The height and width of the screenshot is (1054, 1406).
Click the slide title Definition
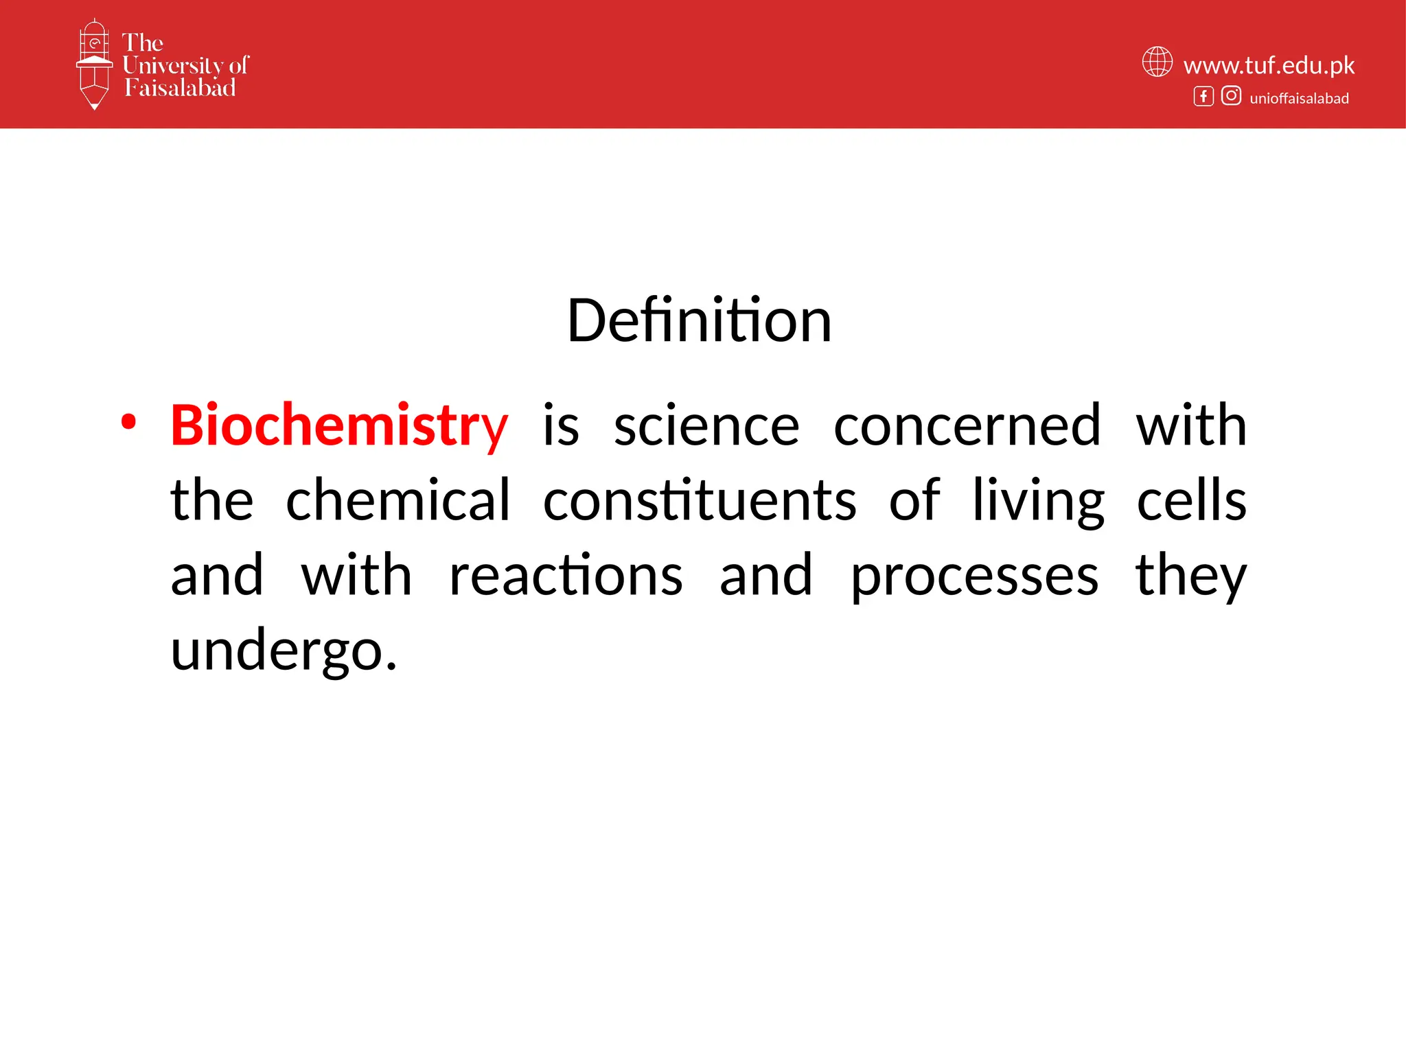click(699, 320)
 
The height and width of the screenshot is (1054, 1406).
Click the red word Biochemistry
click(339, 426)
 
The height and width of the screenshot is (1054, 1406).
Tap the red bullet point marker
click(128, 422)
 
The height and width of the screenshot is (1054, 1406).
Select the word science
click(706, 426)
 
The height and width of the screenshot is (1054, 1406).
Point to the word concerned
click(967, 426)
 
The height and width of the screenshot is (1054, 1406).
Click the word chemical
click(397, 500)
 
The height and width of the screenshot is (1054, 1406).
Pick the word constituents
click(699, 500)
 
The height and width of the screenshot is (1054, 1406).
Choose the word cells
click(1191, 500)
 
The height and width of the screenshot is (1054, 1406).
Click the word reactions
click(566, 575)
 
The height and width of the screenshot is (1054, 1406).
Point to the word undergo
click(283, 651)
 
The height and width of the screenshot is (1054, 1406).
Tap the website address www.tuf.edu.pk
click(1269, 65)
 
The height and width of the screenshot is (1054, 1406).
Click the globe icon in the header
click(1157, 62)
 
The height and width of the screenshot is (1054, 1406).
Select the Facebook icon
click(1203, 96)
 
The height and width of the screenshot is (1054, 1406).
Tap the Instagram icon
click(1231, 96)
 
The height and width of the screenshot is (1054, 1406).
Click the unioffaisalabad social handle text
click(1299, 98)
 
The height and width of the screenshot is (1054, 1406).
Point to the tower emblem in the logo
click(94, 64)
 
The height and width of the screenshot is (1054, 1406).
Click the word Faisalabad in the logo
click(180, 88)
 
